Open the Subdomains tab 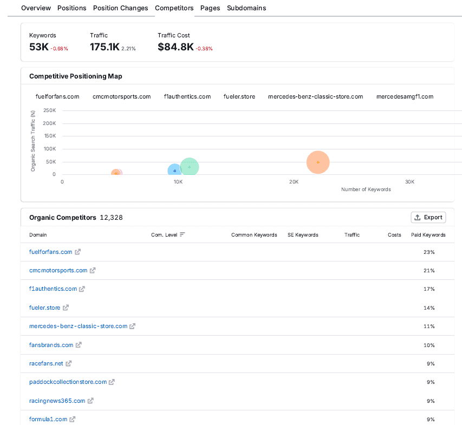point(246,8)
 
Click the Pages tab point(210,8)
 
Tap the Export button point(428,217)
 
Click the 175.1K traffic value point(105,47)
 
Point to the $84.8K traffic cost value point(175,47)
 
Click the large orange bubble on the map point(318,162)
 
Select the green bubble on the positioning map point(189,167)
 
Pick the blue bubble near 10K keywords point(174,171)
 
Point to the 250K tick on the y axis point(49,110)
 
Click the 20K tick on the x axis point(294,182)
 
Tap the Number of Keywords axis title point(366,189)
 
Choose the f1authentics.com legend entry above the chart point(187,96)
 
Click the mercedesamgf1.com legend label point(405,96)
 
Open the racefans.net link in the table point(46,363)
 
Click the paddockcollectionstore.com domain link point(68,382)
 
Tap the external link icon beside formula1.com point(73,419)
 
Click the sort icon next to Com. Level point(183,234)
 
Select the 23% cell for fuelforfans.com point(429,252)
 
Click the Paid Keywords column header point(428,235)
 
